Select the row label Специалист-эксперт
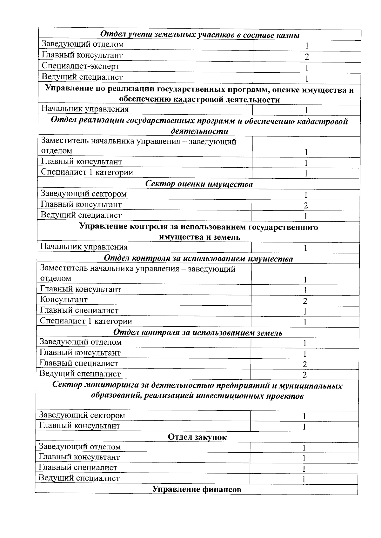[81, 66]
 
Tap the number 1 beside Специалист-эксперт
[307, 68]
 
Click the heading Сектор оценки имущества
[199, 184]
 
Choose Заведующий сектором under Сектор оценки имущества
[84, 194]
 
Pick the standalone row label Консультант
[64, 300]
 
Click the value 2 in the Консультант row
[305, 301]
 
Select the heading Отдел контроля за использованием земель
[198, 333]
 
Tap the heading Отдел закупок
[197, 437]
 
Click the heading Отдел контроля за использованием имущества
[198, 259]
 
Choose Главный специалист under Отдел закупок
[78, 468]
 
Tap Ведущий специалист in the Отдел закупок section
[79, 478]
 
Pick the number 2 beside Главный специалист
[305, 364]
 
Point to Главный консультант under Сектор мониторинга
[79, 426]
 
